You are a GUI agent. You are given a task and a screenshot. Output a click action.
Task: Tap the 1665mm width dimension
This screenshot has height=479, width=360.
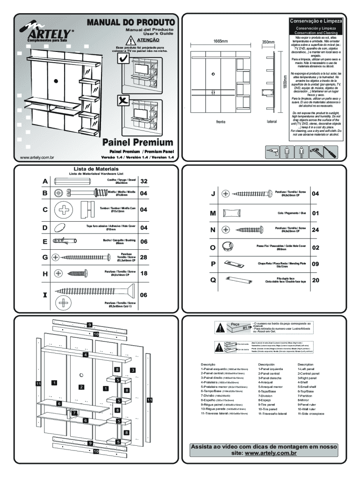click(221, 42)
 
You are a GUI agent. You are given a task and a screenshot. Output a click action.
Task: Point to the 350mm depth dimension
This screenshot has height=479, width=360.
click(268, 42)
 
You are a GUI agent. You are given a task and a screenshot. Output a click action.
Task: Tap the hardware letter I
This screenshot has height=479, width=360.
click(45, 295)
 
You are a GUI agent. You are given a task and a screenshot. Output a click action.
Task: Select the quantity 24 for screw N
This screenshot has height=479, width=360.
click(315, 230)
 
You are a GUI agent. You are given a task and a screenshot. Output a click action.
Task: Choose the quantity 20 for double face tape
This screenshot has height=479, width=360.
click(315, 280)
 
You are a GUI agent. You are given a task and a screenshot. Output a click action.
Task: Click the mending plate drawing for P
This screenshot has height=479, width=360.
click(234, 264)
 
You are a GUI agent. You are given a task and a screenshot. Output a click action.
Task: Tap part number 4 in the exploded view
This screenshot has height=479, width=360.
click(85, 355)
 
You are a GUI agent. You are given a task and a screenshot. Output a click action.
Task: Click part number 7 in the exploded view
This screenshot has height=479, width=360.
click(74, 413)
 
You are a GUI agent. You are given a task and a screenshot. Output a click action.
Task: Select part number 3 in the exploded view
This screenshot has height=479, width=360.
click(133, 370)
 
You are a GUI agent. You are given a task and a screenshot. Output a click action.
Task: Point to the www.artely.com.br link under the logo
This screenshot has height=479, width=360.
click(34, 157)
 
